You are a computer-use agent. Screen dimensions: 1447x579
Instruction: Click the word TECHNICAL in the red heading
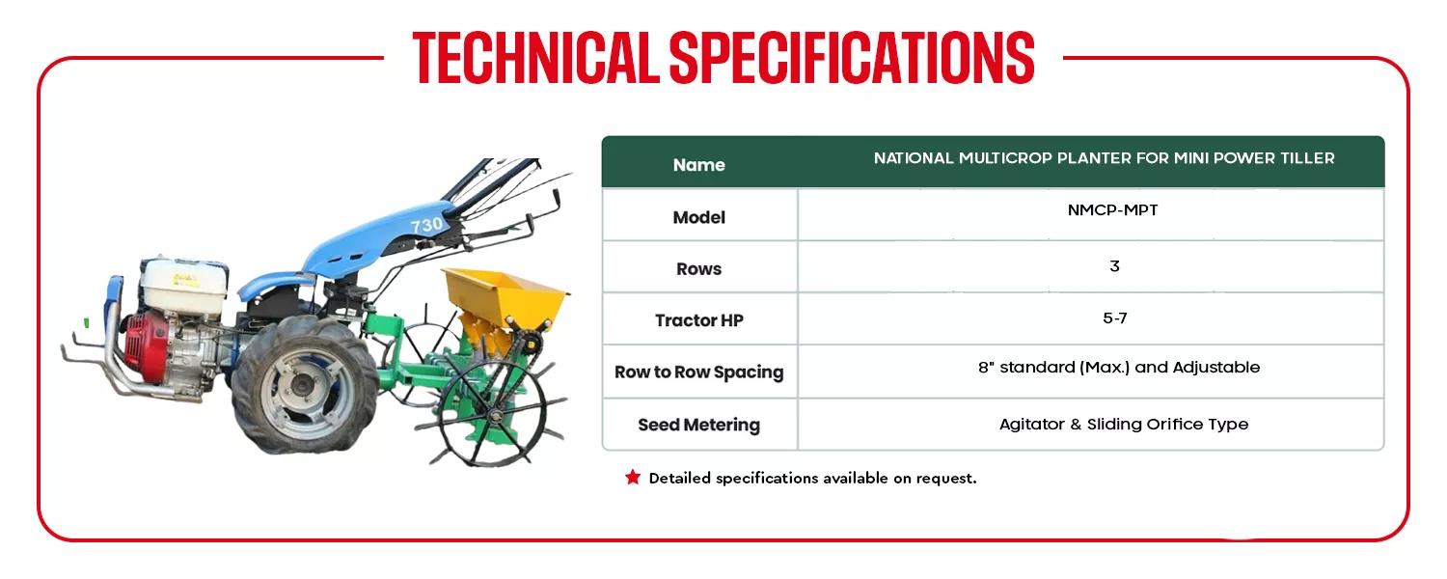click(535, 58)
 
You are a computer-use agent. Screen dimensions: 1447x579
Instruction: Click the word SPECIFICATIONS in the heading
click(852, 58)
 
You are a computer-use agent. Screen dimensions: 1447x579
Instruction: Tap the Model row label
click(699, 217)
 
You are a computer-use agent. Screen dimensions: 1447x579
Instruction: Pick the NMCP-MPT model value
click(1112, 210)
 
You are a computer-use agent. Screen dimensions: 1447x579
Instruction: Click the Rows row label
click(699, 269)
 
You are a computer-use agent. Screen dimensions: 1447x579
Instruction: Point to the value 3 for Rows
click(1114, 265)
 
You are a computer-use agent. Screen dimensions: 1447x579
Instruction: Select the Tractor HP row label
click(699, 320)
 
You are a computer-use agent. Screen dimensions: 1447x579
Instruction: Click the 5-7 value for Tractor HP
click(1115, 317)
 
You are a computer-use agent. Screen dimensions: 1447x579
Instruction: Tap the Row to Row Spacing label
click(699, 372)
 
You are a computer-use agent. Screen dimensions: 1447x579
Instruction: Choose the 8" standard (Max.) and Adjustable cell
click(1119, 367)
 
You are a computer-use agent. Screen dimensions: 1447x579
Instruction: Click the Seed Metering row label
click(699, 425)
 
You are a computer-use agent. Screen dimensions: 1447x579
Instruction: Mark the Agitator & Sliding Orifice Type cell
click(1124, 424)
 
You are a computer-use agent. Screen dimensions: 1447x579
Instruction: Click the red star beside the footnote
click(633, 477)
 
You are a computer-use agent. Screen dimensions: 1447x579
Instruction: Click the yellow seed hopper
click(504, 297)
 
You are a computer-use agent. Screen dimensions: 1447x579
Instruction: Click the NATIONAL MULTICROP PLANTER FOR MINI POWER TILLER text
click(1104, 158)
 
